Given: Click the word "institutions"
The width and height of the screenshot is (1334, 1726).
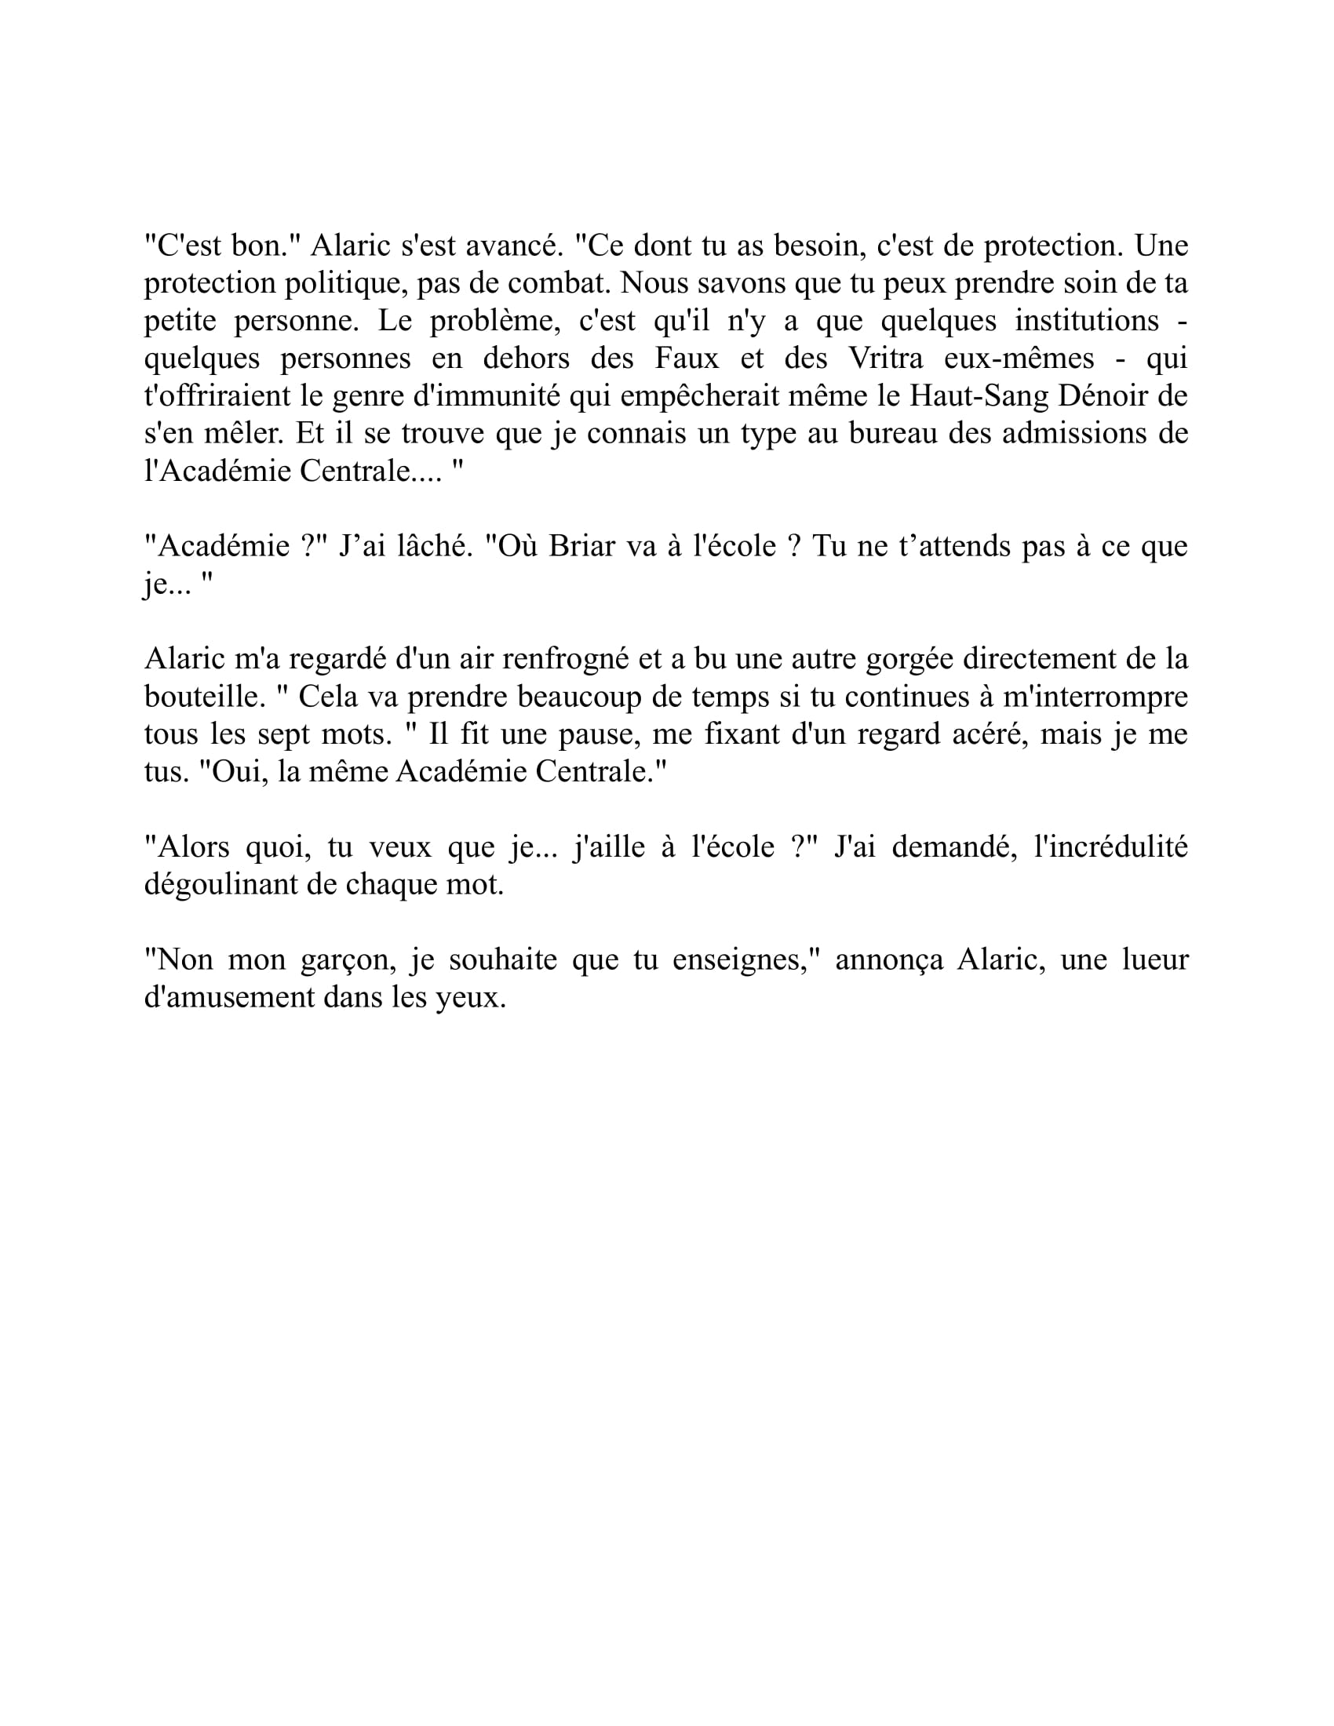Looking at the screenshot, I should [x=1087, y=321].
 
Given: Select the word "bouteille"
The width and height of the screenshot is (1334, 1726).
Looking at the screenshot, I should [x=201, y=696].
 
